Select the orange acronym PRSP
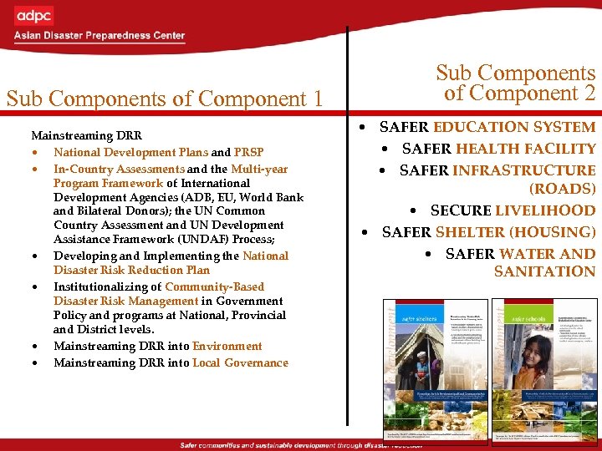(x=249, y=152)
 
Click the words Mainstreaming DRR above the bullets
(x=86, y=134)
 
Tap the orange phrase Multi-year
(x=259, y=169)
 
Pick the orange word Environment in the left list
(x=227, y=346)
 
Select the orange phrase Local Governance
(x=240, y=362)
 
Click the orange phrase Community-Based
(x=214, y=286)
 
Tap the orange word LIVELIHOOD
(x=545, y=210)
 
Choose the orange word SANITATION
(x=544, y=271)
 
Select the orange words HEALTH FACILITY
(x=525, y=148)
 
